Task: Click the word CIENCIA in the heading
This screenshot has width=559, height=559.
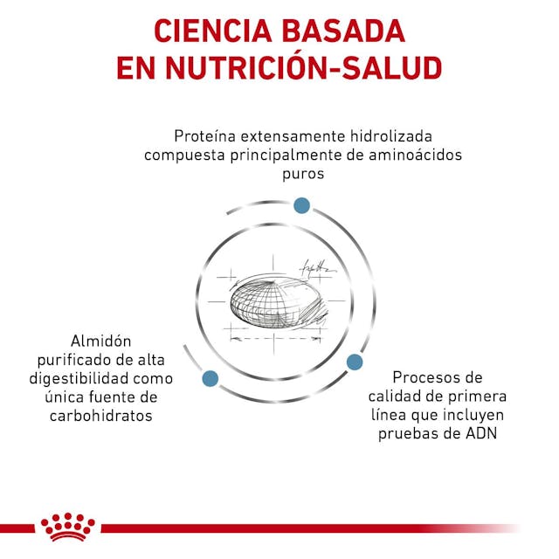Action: click(213, 31)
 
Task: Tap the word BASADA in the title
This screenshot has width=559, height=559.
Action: click(343, 31)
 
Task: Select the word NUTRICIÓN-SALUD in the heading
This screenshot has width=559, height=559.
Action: click(304, 67)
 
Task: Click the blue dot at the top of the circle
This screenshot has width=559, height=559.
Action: click(301, 205)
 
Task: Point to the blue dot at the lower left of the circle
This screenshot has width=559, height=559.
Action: click(210, 378)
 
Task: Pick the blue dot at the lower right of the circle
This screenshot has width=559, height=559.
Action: click(355, 362)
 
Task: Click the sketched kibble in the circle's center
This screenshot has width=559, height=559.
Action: click(278, 301)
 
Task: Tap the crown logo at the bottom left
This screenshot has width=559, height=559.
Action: click(68, 527)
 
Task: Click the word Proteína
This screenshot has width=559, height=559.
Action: click(204, 136)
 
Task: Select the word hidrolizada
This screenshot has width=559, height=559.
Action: click(391, 136)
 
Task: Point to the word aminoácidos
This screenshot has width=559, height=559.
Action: click(416, 155)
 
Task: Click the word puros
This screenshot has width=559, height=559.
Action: click(303, 175)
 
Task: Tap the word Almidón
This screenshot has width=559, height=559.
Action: click(101, 342)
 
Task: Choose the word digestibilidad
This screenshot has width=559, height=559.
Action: click(79, 378)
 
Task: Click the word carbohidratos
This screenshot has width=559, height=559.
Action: click(101, 416)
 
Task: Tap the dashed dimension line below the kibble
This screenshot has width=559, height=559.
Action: click(275, 338)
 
